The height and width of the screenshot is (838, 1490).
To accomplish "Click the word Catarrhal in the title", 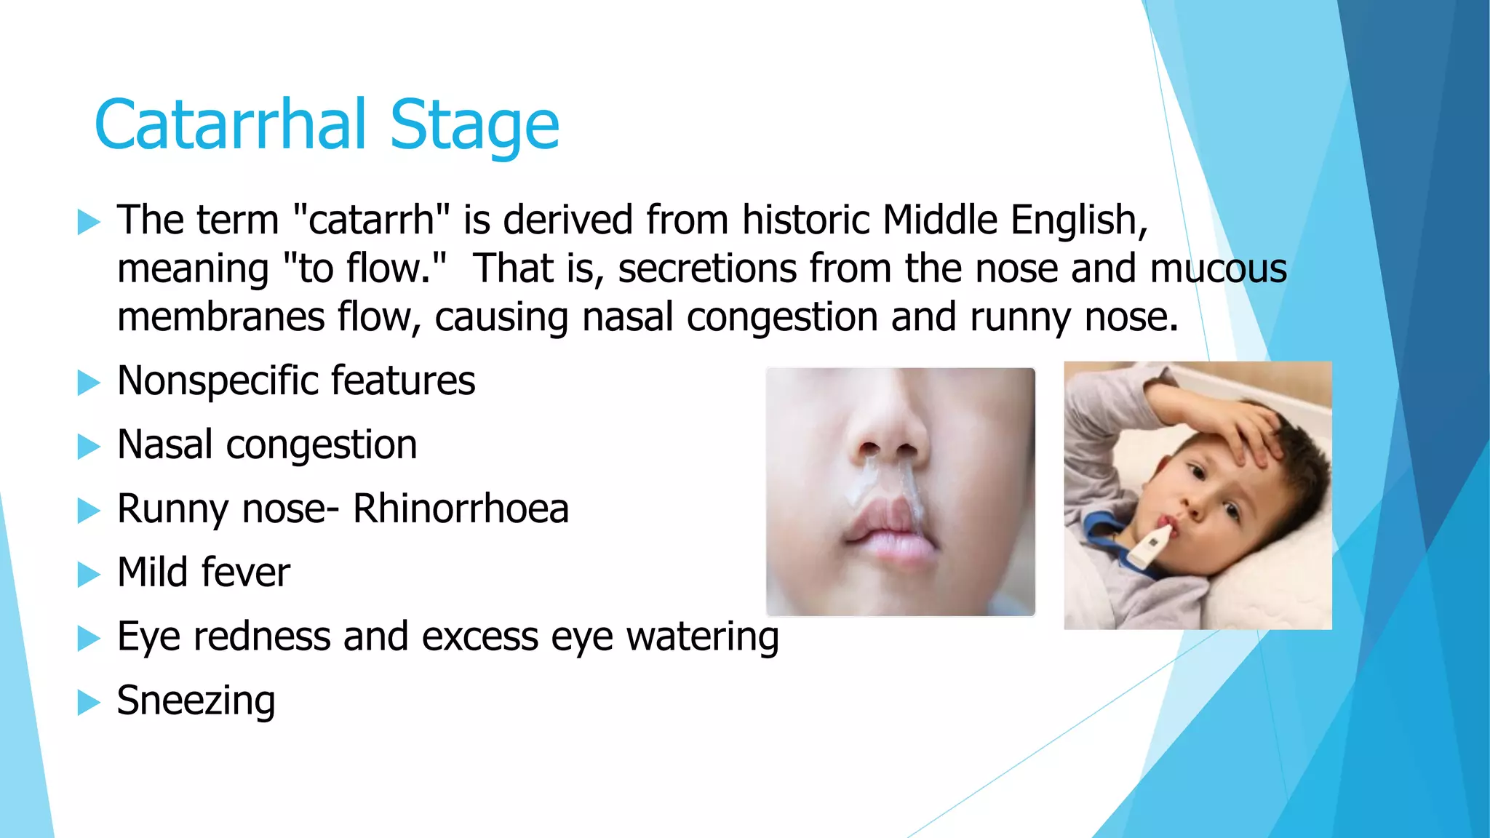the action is pos(231,124).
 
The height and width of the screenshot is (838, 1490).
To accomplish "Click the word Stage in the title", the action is pos(474,127).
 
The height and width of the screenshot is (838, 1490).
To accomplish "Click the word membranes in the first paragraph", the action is pos(221,317).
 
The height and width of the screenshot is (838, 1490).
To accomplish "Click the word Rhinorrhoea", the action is pos(461,508).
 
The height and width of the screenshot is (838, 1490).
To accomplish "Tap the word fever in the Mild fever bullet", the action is pos(245,572).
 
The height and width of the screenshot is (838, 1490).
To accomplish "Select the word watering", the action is pos(703,637).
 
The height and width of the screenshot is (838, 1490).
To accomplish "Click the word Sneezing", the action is pos(196,701).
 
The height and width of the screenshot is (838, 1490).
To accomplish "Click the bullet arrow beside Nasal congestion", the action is pos(89,446).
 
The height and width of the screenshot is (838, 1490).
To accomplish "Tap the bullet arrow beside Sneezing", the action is pos(89,702).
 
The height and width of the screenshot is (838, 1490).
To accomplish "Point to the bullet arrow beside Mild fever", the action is pos(89,574).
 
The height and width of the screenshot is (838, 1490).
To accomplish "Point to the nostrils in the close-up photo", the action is pos(888,449).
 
